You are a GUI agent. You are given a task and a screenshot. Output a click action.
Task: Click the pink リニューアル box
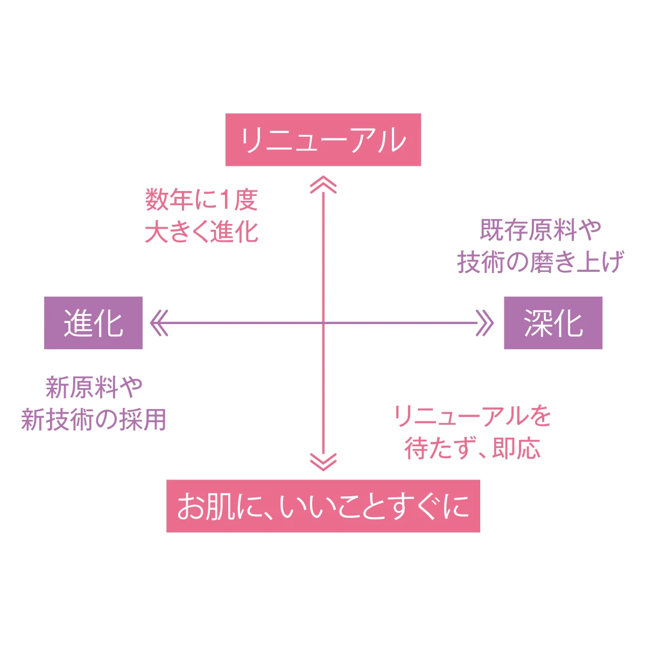coord(323,139)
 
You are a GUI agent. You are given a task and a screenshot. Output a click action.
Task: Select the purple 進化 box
coord(93,323)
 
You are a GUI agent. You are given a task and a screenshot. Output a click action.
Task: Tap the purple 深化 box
coord(553,323)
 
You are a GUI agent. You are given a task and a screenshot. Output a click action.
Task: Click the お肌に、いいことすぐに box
coord(323,506)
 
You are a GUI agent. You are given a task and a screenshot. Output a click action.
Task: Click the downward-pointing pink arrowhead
coord(324,462)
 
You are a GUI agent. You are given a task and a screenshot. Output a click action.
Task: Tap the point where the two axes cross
coord(324,323)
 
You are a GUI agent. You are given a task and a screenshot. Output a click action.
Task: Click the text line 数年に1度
coord(202,200)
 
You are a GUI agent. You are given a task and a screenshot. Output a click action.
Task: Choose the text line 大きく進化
coord(202,232)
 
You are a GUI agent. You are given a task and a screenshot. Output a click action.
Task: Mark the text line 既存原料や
coord(540,230)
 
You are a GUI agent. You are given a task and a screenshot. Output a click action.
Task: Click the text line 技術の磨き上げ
coord(540,262)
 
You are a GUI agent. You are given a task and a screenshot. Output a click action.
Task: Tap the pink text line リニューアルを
coord(472,416)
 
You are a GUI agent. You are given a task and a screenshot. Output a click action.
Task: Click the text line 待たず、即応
coord(472,448)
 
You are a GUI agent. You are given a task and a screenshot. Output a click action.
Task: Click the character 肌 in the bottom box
coord(221,507)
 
